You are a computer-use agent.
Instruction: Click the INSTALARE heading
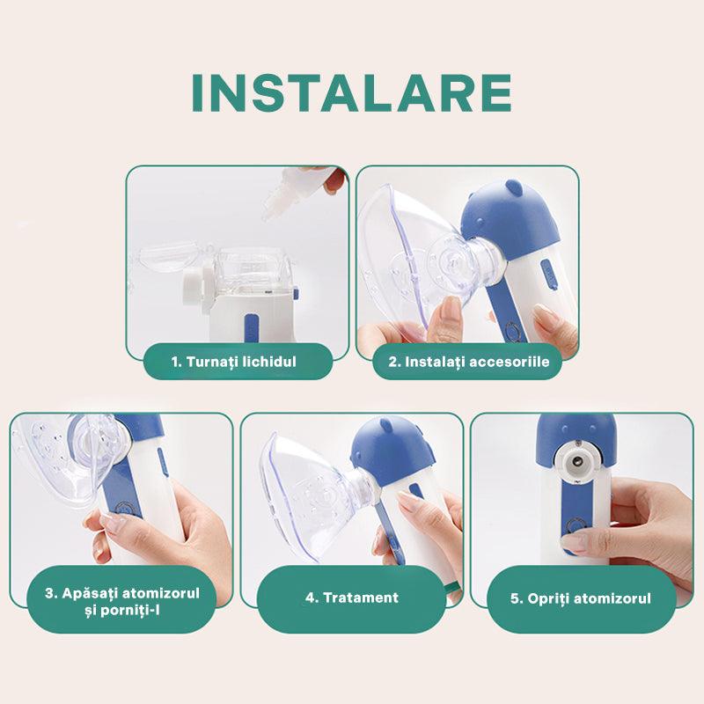(351, 93)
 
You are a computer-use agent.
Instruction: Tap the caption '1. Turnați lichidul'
(234, 362)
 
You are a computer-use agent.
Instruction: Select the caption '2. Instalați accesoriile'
(469, 362)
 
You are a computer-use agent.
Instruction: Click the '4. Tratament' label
(352, 598)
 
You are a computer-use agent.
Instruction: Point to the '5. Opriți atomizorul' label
(581, 598)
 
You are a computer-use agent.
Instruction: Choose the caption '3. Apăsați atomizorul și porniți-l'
(122, 602)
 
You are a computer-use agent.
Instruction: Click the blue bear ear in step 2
(513, 187)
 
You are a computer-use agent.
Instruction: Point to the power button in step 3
(123, 509)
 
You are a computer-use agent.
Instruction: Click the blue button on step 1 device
(251, 327)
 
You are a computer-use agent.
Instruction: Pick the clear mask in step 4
(314, 494)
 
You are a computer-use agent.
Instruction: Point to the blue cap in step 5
(576, 437)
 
